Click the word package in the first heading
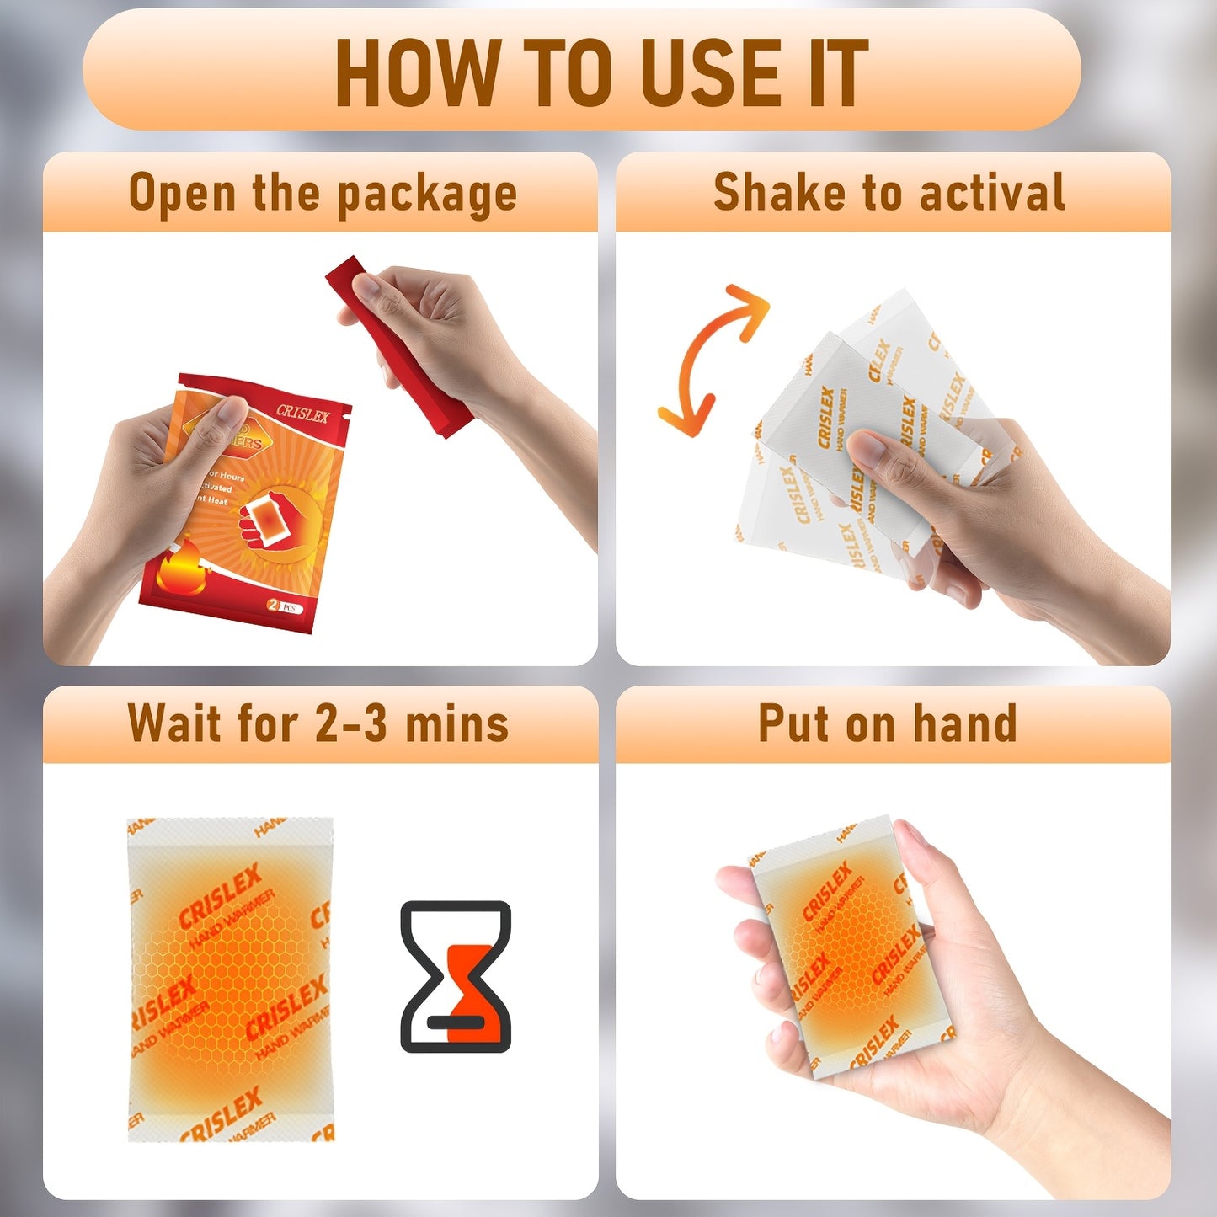pos(427,195)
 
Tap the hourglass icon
pos(456,977)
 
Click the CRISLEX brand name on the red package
pos(303,413)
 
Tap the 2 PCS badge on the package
pos(284,606)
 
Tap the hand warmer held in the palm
pos(851,947)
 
